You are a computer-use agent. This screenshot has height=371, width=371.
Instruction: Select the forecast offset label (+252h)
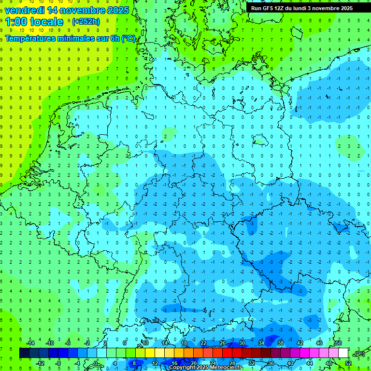coord(86,22)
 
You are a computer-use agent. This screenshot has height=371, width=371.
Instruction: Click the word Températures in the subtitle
coord(31,38)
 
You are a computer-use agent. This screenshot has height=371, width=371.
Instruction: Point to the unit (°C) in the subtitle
coord(128,38)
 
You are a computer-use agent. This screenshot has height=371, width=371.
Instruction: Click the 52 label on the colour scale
coord(348,363)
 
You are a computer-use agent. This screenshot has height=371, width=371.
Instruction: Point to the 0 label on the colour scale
coord(96,363)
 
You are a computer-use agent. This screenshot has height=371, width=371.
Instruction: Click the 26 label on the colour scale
coord(222,343)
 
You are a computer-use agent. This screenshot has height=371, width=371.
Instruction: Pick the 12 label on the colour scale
coord(155,363)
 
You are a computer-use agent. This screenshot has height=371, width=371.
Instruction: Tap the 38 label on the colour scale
coord(280,343)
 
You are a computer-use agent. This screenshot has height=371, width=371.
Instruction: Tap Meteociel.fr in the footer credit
coord(223,368)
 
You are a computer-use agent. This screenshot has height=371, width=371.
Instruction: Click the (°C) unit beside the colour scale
coord(359,354)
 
